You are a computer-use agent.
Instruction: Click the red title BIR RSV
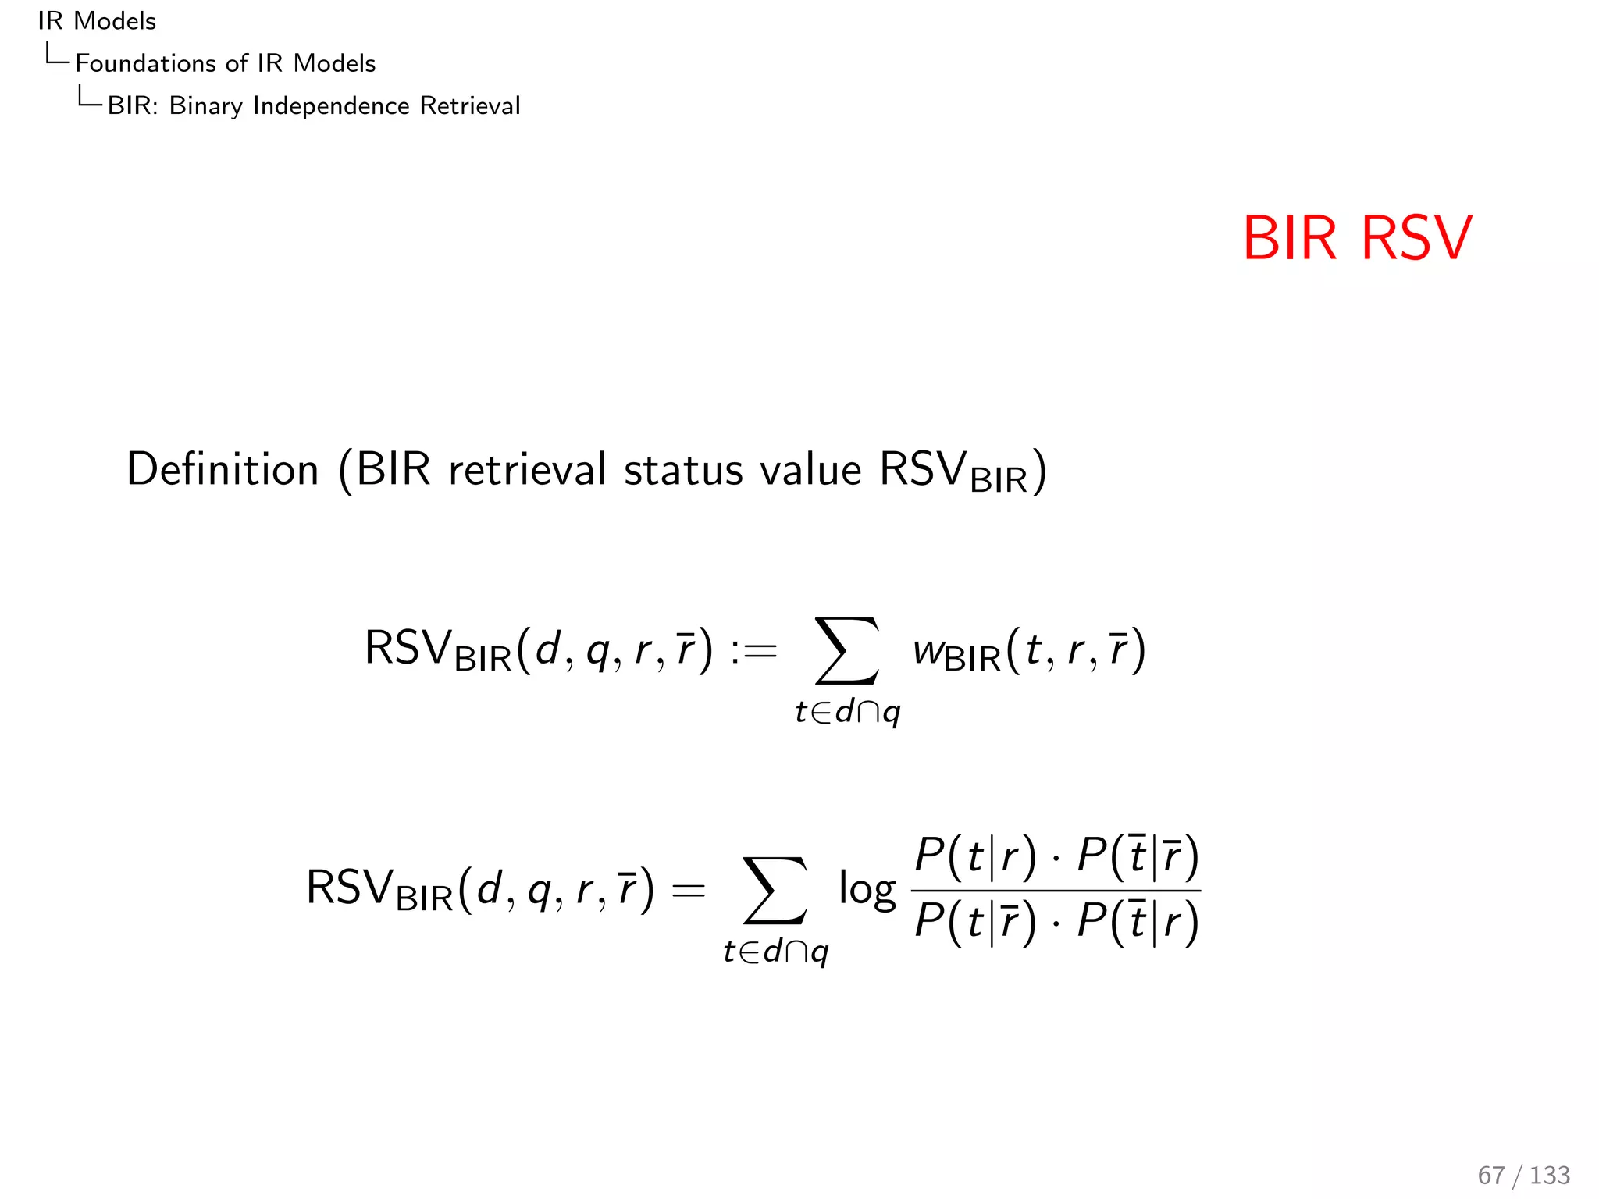point(1357,238)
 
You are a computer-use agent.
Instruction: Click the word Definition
point(223,469)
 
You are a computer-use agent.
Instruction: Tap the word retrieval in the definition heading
point(527,469)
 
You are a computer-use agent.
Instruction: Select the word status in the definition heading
point(683,471)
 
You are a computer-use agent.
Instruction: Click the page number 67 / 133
point(1523,1175)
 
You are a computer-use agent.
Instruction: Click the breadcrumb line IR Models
point(97,21)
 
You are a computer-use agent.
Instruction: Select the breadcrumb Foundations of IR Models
point(225,63)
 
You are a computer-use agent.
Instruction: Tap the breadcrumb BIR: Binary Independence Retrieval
point(313,105)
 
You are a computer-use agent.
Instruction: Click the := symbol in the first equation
point(754,650)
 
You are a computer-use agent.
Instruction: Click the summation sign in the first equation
point(847,650)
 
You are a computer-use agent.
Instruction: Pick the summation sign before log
point(775,890)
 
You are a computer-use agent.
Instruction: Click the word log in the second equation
point(867,890)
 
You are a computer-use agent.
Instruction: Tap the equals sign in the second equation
point(689,891)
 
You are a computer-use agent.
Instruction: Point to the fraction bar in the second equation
point(1056,890)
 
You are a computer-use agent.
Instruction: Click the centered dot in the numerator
point(1056,859)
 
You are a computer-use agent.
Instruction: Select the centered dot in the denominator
point(1056,923)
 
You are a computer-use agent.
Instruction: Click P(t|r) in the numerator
point(975,856)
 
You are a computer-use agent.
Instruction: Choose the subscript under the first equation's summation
point(848,713)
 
